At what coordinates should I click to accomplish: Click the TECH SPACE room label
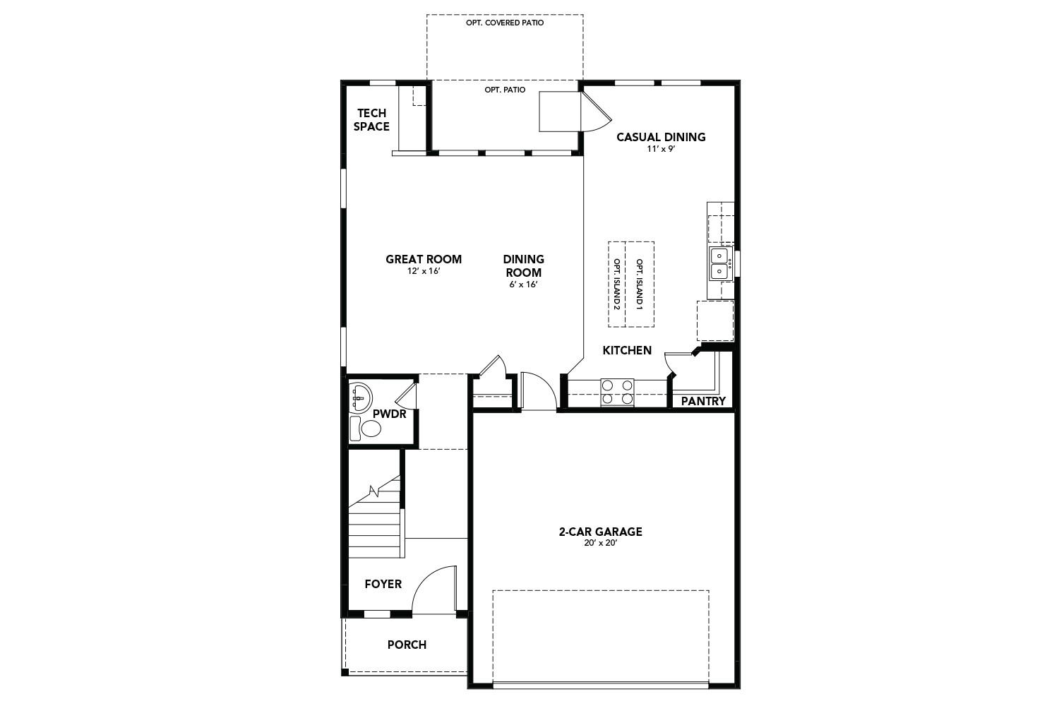coord(371,120)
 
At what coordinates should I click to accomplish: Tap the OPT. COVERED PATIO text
coord(504,23)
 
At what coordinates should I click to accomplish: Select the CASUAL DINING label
coord(660,137)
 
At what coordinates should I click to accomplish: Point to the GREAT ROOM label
coord(423,259)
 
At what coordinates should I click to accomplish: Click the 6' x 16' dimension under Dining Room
coord(523,285)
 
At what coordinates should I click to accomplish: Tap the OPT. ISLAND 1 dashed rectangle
coord(640,285)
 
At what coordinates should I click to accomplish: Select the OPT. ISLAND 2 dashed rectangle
coord(617,285)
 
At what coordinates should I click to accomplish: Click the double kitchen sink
coord(719,263)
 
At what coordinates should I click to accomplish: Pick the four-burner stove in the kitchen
coord(616,392)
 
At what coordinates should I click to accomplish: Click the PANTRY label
coord(703,401)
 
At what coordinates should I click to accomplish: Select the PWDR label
coord(389,414)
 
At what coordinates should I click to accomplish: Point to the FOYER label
coord(383,584)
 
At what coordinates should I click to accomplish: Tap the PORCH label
coord(407,645)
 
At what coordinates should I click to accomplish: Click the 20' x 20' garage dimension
coord(599,543)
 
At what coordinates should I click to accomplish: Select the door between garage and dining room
coord(538,393)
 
